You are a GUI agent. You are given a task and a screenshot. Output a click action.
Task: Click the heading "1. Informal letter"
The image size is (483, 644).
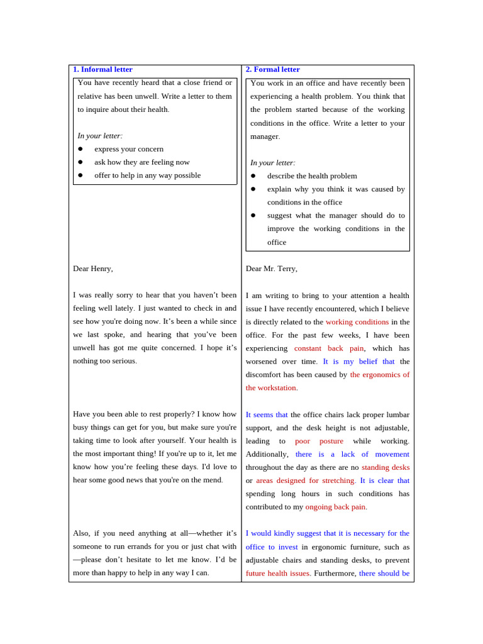point(103,69)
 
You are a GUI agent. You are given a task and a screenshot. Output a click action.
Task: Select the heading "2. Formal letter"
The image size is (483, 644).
point(272,69)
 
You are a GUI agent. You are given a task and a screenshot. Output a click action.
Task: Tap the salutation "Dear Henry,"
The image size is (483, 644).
point(93,269)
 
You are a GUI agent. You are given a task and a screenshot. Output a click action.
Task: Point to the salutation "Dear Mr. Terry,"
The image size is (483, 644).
point(271,269)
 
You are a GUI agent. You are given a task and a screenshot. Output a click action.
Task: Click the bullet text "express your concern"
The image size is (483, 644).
point(129,149)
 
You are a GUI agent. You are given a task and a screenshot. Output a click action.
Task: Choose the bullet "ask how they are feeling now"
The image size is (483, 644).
point(142,162)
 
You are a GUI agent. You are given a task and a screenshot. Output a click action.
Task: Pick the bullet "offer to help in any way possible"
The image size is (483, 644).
point(148,175)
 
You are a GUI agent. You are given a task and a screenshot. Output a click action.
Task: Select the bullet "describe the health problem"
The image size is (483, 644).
point(312,176)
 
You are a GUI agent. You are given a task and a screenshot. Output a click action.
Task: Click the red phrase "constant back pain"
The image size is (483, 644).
point(329,348)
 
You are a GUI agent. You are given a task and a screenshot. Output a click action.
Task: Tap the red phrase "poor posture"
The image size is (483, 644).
point(319,441)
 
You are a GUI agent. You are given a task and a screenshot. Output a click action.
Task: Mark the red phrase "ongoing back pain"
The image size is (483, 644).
point(336,507)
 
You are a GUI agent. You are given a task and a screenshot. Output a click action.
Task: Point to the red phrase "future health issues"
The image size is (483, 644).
point(278,574)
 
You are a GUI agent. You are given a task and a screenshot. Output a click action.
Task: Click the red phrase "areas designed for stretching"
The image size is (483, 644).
point(306,480)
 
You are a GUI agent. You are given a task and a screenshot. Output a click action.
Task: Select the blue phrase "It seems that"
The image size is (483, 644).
point(267,415)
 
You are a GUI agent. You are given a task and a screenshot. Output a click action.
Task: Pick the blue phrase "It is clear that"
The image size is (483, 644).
point(384,480)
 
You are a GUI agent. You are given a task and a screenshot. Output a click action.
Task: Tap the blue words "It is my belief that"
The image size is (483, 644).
point(358,362)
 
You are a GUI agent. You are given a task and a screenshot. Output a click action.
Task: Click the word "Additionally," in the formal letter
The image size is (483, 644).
point(267,454)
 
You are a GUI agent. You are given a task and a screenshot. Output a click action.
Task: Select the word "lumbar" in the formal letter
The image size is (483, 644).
point(396,415)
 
